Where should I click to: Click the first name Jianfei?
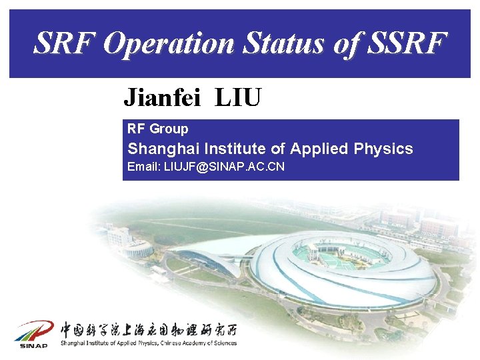(164, 99)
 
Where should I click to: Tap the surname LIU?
(238, 99)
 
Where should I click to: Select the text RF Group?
(158, 129)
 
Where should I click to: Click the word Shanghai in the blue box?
(163, 149)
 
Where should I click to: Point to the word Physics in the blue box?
(387, 149)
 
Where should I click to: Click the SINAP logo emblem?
(34, 332)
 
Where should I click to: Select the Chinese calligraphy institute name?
(148, 329)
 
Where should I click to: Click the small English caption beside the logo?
(148, 343)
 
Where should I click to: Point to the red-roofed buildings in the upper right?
(437, 227)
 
